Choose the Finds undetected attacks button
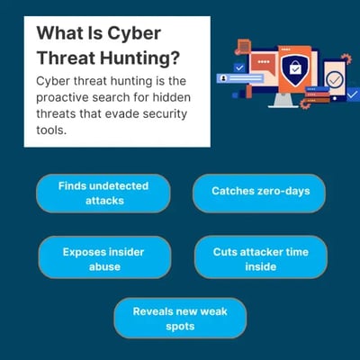[x=103, y=193]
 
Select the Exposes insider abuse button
[x=103, y=259]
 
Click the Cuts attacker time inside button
[x=259, y=259]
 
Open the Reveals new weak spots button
[x=180, y=318]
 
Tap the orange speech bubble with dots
[x=263, y=63]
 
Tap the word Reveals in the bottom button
[x=155, y=310]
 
